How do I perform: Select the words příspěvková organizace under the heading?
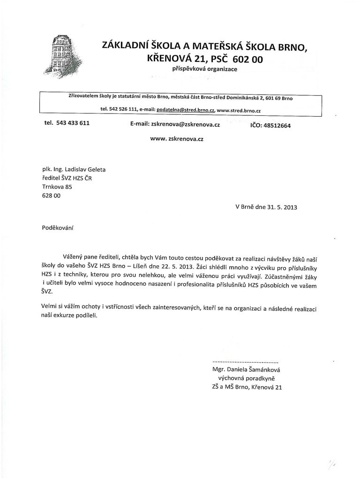point(205,69)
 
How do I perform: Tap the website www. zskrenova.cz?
point(176,139)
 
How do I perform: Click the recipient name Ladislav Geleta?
point(86,170)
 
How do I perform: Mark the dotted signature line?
point(245,362)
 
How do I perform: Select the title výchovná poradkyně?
point(247,378)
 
